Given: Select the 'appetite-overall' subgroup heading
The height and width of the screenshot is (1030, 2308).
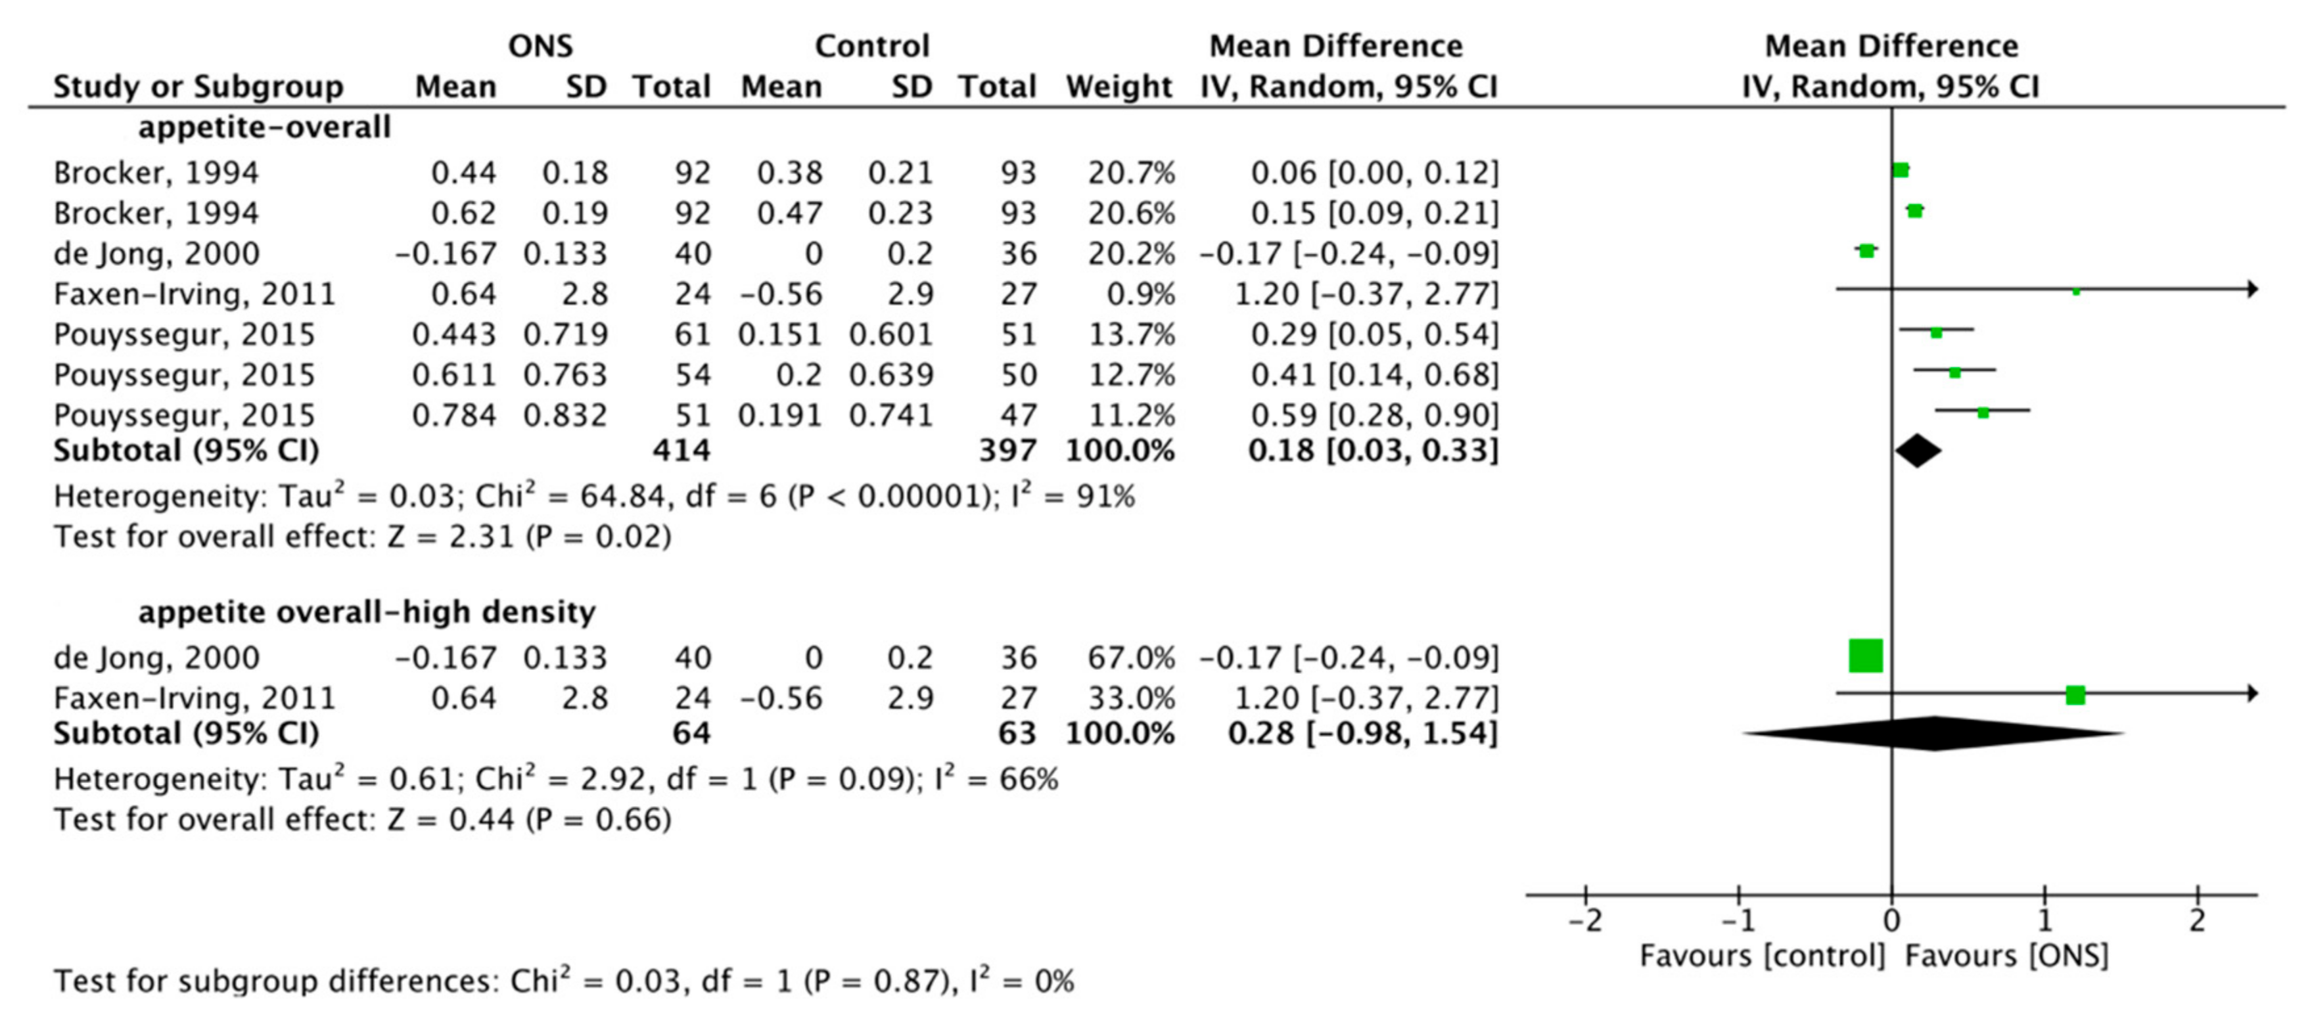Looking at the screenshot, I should (264, 127).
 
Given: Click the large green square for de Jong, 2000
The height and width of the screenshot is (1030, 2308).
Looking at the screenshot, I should (1866, 656).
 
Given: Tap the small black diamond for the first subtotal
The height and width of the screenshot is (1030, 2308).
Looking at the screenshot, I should (1918, 451).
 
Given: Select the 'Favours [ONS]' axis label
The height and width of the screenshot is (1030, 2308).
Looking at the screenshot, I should (2006, 956).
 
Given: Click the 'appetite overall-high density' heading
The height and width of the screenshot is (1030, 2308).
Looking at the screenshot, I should (367, 612).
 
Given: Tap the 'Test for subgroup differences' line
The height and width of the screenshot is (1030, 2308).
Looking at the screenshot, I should (563, 981).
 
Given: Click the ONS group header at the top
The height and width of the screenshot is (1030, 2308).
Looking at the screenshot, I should (540, 46).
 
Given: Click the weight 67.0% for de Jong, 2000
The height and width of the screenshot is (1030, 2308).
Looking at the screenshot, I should (1131, 658).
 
